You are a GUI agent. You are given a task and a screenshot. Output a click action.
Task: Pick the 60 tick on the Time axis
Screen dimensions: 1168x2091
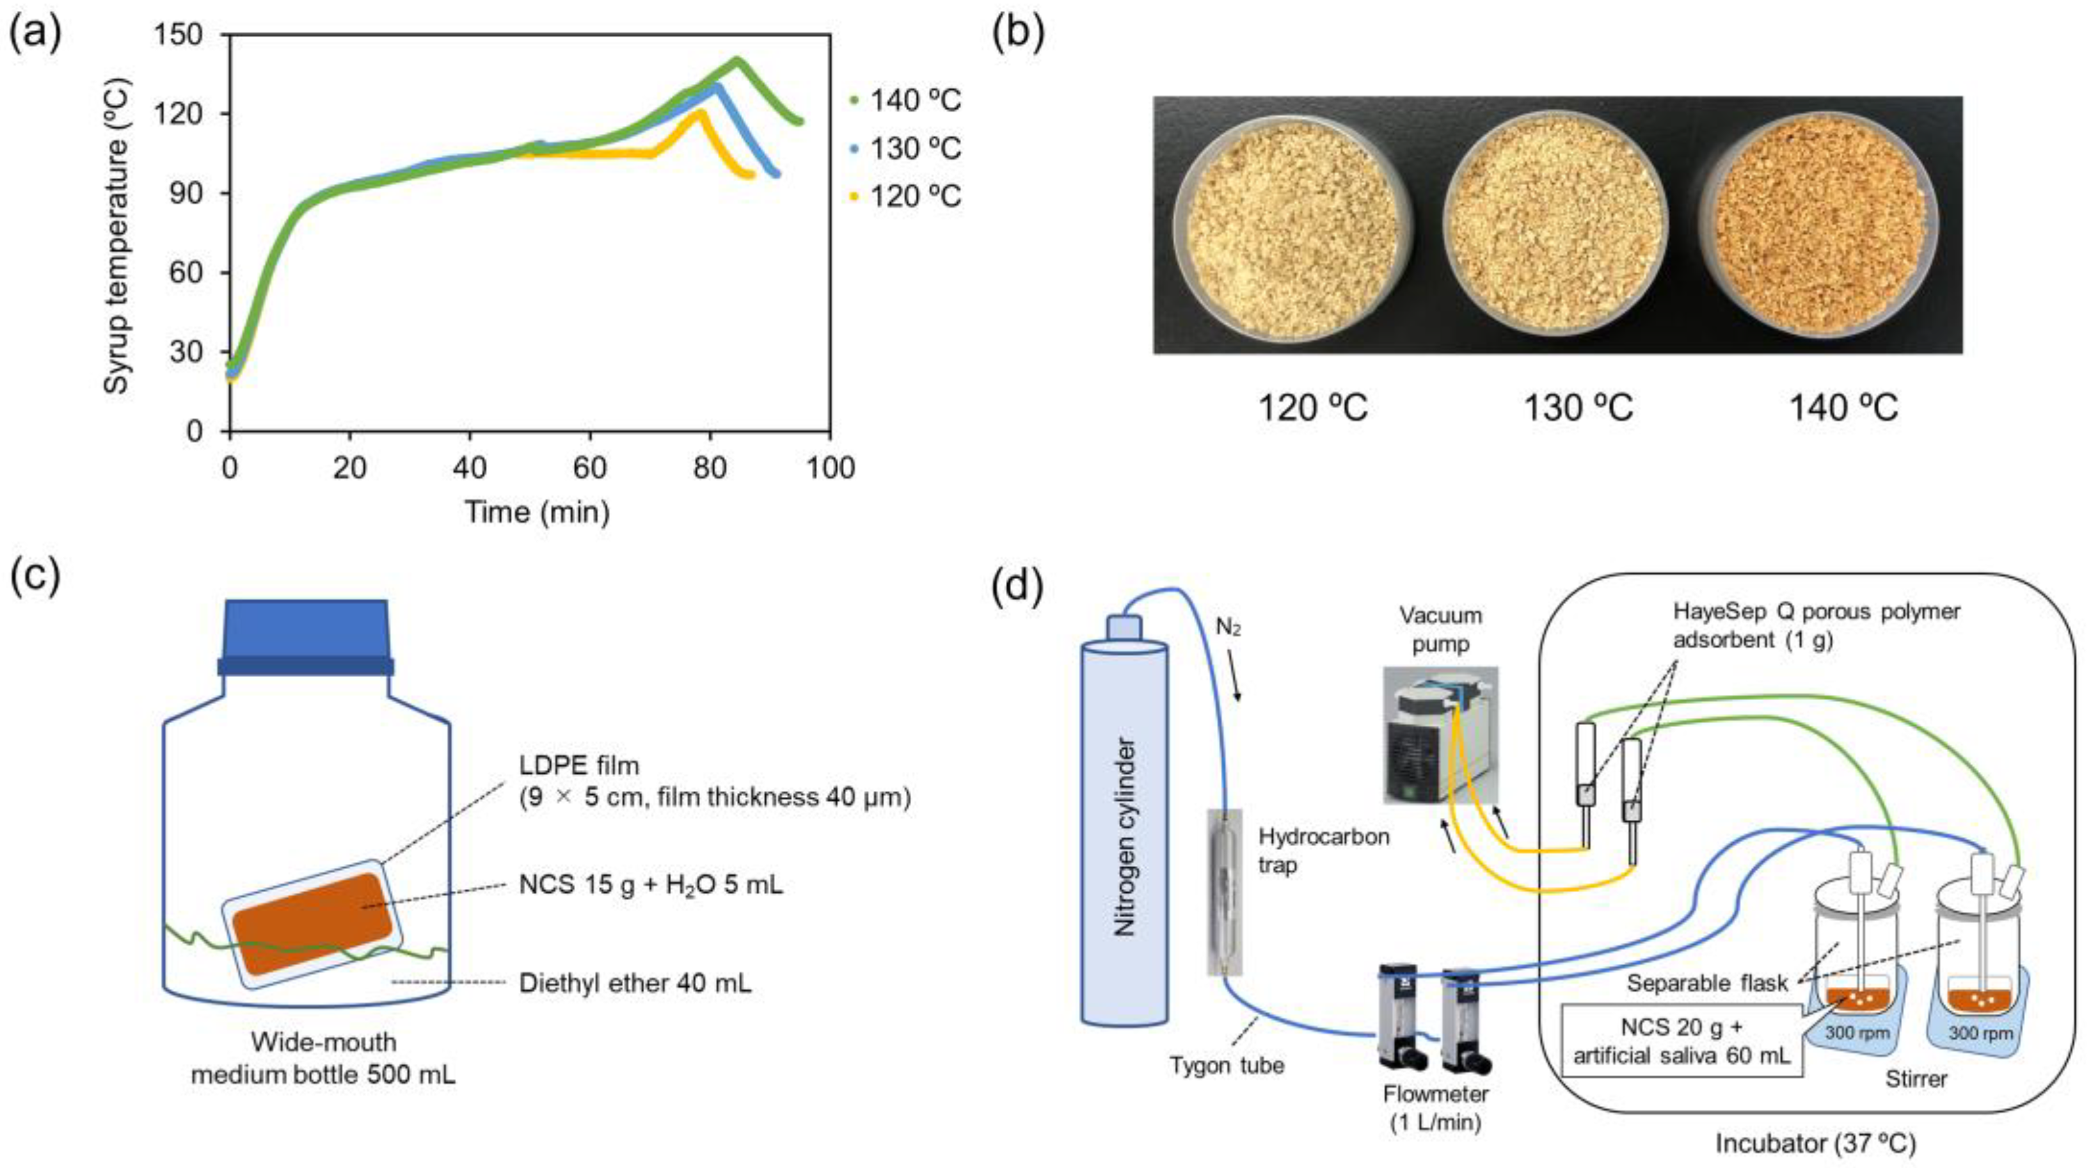click(x=589, y=468)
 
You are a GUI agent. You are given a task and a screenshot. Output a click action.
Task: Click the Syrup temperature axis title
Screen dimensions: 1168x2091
click(x=117, y=236)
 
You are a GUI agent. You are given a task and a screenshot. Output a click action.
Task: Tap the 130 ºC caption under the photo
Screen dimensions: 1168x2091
click(x=1578, y=408)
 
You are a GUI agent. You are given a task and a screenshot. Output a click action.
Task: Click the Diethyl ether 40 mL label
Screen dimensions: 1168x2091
click(x=635, y=984)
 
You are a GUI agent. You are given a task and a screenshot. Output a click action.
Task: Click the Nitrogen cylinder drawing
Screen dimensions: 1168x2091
click(x=1124, y=836)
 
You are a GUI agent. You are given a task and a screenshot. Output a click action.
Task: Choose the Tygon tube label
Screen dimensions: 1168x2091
click(x=1227, y=1065)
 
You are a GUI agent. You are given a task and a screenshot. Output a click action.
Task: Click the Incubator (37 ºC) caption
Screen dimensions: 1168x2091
click(x=1815, y=1144)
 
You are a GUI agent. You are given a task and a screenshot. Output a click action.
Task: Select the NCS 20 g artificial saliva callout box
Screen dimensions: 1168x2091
click(x=1681, y=1041)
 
